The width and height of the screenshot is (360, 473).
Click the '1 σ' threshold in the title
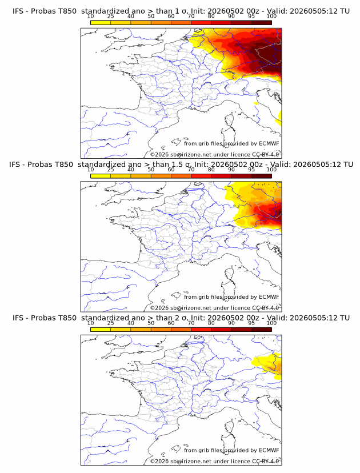click(x=181, y=11)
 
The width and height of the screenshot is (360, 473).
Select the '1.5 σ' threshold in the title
click(x=181, y=165)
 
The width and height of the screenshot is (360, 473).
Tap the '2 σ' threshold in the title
click(x=181, y=318)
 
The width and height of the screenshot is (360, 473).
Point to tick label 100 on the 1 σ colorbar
click(x=271, y=17)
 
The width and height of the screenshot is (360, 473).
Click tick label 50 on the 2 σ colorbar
click(x=151, y=323)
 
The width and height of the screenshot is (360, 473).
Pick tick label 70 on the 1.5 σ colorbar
click(x=191, y=170)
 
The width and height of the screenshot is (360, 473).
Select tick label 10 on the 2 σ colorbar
click(x=90, y=323)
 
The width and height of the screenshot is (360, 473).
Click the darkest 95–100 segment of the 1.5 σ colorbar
click(x=261, y=176)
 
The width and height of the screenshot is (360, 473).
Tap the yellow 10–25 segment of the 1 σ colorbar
click(x=101, y=23)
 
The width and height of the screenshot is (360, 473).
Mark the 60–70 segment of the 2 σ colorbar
click(x=181, y=330)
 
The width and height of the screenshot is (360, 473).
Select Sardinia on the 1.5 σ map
click(x=227, y=289)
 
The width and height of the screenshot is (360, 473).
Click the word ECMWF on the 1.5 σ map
click(x=269, y=297)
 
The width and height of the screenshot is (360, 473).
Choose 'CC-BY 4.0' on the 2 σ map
click(x=266, y=461)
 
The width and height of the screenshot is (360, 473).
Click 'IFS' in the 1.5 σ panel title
click(x=14, y=165)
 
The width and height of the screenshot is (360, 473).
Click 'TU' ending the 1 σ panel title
click(x=346, y=11)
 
